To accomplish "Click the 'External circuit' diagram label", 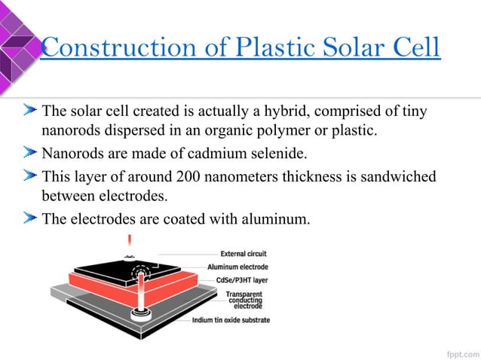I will [x=243, y=254].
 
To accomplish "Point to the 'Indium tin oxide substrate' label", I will [x=230, y=320].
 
